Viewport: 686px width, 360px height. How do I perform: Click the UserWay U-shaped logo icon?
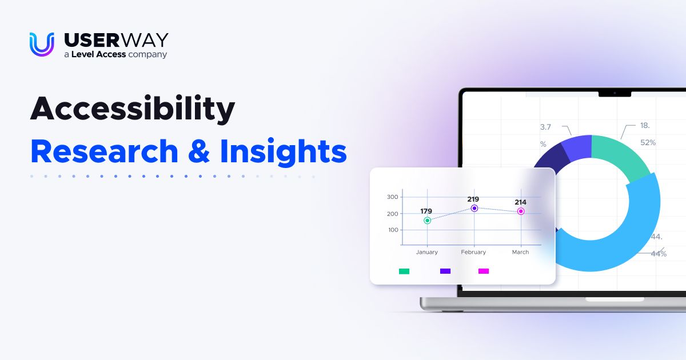42,44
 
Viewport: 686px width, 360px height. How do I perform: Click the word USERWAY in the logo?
116,40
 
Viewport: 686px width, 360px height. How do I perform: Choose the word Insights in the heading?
284,152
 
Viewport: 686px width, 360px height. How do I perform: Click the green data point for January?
427,221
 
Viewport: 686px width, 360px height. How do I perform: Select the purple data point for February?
474,209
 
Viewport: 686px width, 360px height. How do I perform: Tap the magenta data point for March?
521,211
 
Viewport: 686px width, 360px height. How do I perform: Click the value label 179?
426,211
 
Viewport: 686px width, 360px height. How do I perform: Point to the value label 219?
473,199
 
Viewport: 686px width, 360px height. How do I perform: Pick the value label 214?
520,202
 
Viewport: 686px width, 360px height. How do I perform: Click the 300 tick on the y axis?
392,197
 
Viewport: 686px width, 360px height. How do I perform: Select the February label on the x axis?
473,252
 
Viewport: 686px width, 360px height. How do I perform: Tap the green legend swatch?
404,271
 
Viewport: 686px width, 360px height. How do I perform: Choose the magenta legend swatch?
484,271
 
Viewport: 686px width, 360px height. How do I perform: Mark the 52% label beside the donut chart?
648,142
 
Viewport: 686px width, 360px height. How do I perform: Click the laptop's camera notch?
615,93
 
